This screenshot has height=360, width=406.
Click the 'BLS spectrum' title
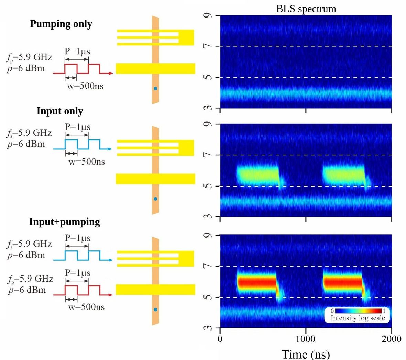click(306, 9)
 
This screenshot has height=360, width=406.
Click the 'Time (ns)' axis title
click(306, 354)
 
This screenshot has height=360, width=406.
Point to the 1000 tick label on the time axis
click(306, 339)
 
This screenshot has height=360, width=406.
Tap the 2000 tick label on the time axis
click(391, 339)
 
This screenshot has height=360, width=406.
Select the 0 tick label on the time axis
click(220, 339)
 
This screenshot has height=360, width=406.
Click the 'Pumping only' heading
click(61, 24)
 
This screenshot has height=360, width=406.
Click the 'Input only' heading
click(60, 111)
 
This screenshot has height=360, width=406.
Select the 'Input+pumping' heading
click(64, 222)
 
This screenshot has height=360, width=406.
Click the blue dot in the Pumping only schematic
click(155, 88)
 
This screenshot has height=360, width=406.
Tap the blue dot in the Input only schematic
click(155, 199)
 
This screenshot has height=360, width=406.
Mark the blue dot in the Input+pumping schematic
click(155, 310)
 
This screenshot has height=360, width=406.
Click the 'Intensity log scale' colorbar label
click(358, 318)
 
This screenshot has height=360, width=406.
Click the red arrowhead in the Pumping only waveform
click(110, 73)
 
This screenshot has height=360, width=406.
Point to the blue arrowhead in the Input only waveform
click(110, 149)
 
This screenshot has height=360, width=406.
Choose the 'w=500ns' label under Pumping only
click(85, 86)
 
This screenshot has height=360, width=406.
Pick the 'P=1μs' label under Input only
click(78, 127)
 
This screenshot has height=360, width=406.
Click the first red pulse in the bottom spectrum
click(257, 283)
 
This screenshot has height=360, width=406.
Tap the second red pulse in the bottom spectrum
click(343, 283)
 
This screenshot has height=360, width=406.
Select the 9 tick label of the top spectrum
click(208, 16)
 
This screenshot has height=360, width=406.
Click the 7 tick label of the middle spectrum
click(208, 155)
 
